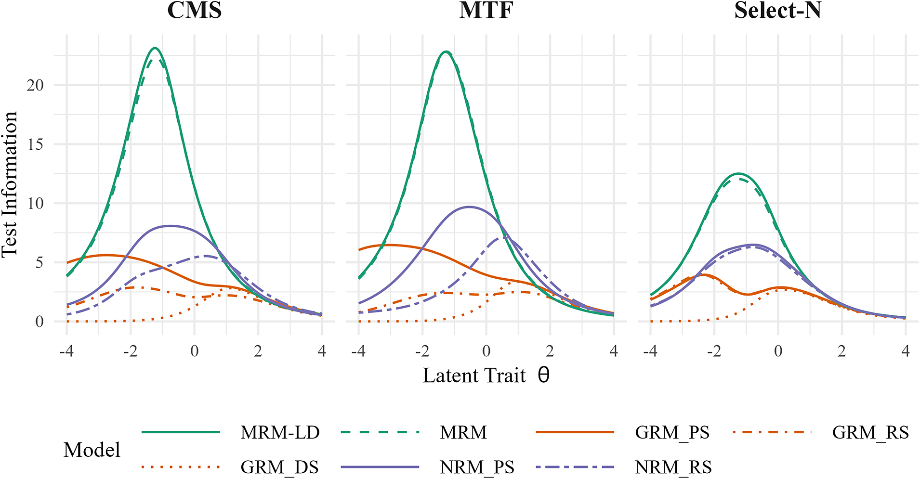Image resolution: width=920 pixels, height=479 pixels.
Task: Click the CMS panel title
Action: (x=194, y=10)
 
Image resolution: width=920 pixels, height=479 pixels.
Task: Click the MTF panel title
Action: (x=486, y=10)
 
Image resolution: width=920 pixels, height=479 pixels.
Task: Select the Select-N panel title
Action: (x=777, y=10)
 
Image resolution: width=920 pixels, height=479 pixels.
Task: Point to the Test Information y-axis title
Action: (x=10, y=184)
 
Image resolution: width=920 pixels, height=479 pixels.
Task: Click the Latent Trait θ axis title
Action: (x=486, y=375)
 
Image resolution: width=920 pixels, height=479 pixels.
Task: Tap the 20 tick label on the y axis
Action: (x=35, y=85)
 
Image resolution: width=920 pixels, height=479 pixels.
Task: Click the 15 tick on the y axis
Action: (x=35, y=144)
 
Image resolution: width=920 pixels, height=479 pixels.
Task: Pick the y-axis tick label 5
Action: (x=39, y=263)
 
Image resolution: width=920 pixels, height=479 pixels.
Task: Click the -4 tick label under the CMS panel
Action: (x=66, y=351)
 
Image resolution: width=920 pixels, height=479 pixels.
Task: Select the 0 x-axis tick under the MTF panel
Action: (x=486, y=351)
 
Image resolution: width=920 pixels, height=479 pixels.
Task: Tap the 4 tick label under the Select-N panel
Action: (x=906, y=351)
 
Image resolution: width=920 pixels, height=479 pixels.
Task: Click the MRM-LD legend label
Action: (x=280, y=433)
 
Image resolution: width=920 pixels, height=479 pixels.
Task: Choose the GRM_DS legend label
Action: (x=279, y=467)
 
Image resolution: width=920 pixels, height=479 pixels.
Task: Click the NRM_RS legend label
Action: (x=673, y=467)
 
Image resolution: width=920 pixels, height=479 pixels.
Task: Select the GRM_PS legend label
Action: (x=672, y=433)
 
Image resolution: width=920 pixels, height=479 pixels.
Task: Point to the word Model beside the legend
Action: (x=92, y=450)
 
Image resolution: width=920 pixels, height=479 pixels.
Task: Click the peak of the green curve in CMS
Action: (x=155, y=48)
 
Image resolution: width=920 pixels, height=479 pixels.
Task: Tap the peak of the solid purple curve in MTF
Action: (x=470, y=207)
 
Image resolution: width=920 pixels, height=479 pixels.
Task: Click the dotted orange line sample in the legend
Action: (x=181, y=467)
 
